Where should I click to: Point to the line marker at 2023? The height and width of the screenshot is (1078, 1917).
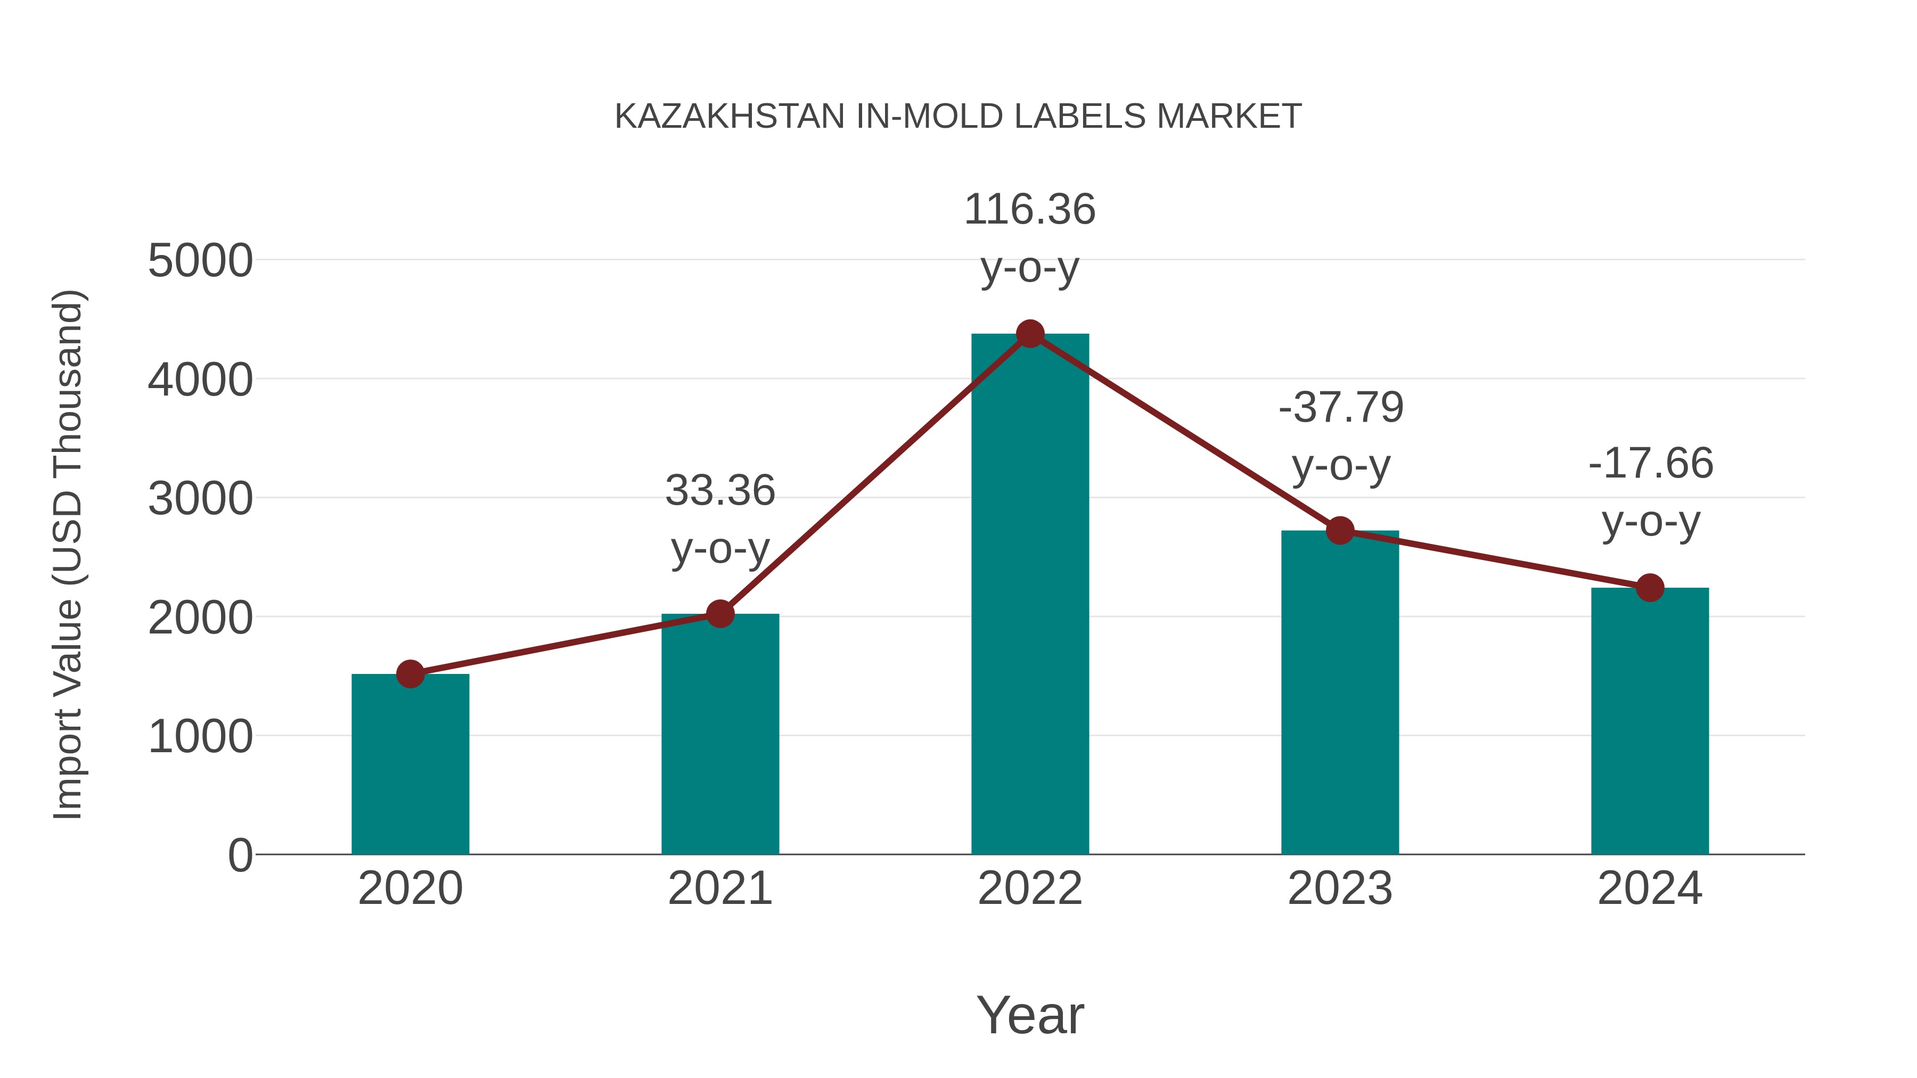click(1340, 530)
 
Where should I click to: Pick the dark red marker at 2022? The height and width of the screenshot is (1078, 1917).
click(1030, 334)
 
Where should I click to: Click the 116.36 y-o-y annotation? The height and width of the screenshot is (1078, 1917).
click(1030, 237)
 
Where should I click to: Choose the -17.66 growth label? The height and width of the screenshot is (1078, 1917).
click(1651, 492)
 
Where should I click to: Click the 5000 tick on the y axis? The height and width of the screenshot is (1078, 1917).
click(200, 261)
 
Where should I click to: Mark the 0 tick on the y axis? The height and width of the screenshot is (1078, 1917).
click(240, 855)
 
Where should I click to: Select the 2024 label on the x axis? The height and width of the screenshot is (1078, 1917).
click(1650, 888)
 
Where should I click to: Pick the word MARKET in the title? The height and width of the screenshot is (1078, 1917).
click(1228, 117)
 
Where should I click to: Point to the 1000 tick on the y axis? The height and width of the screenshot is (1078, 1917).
click(200, 737)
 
